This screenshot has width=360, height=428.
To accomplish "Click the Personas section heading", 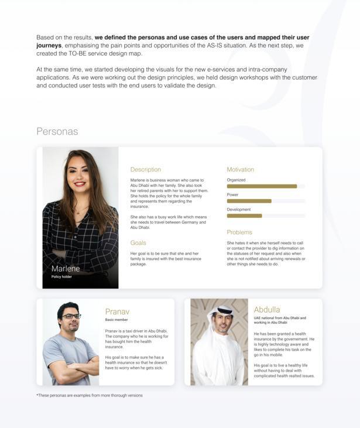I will pyautogui.click(x=57, y=131).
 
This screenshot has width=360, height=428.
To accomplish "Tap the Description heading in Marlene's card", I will pyautogui.click(x=145, y=170).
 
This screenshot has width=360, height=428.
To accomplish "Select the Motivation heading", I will pyautogui.click(x=240, y=170).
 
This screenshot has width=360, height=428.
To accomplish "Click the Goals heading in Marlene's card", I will pyautogui.click(x=138, y=243).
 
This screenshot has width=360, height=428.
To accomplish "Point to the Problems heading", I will pyautogui.click(x=239, y=232).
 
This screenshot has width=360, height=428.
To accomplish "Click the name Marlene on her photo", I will pyautogui.click(x=66, y=269).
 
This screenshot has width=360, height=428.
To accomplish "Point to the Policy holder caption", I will pyautogui.click(x=61, y=277).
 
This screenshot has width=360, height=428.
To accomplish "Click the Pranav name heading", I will pyautogui.click(x=117, y=311).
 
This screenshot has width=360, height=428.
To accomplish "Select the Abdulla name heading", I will pyautogui.click(x=267, y=310).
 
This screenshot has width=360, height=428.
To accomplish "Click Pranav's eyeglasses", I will pyautogui.click(x=71, y=316).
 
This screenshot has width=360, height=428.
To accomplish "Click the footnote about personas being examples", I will pyautogui.click(x=90, y=395).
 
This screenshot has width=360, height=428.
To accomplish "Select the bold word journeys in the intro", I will pyautogui.click(x=49, y=45).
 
